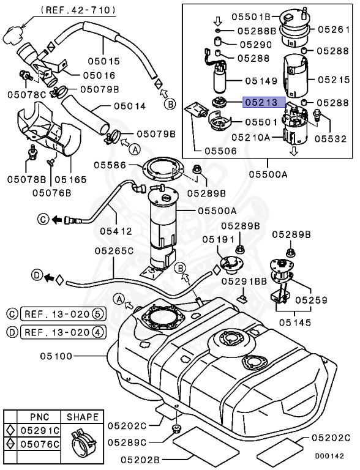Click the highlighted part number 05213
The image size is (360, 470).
coord(262,103)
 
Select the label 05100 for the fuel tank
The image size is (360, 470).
coord(59,356)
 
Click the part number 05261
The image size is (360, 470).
coord(334,28)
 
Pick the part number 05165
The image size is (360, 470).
coord(70,180)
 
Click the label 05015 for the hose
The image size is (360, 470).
coord(120,61)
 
